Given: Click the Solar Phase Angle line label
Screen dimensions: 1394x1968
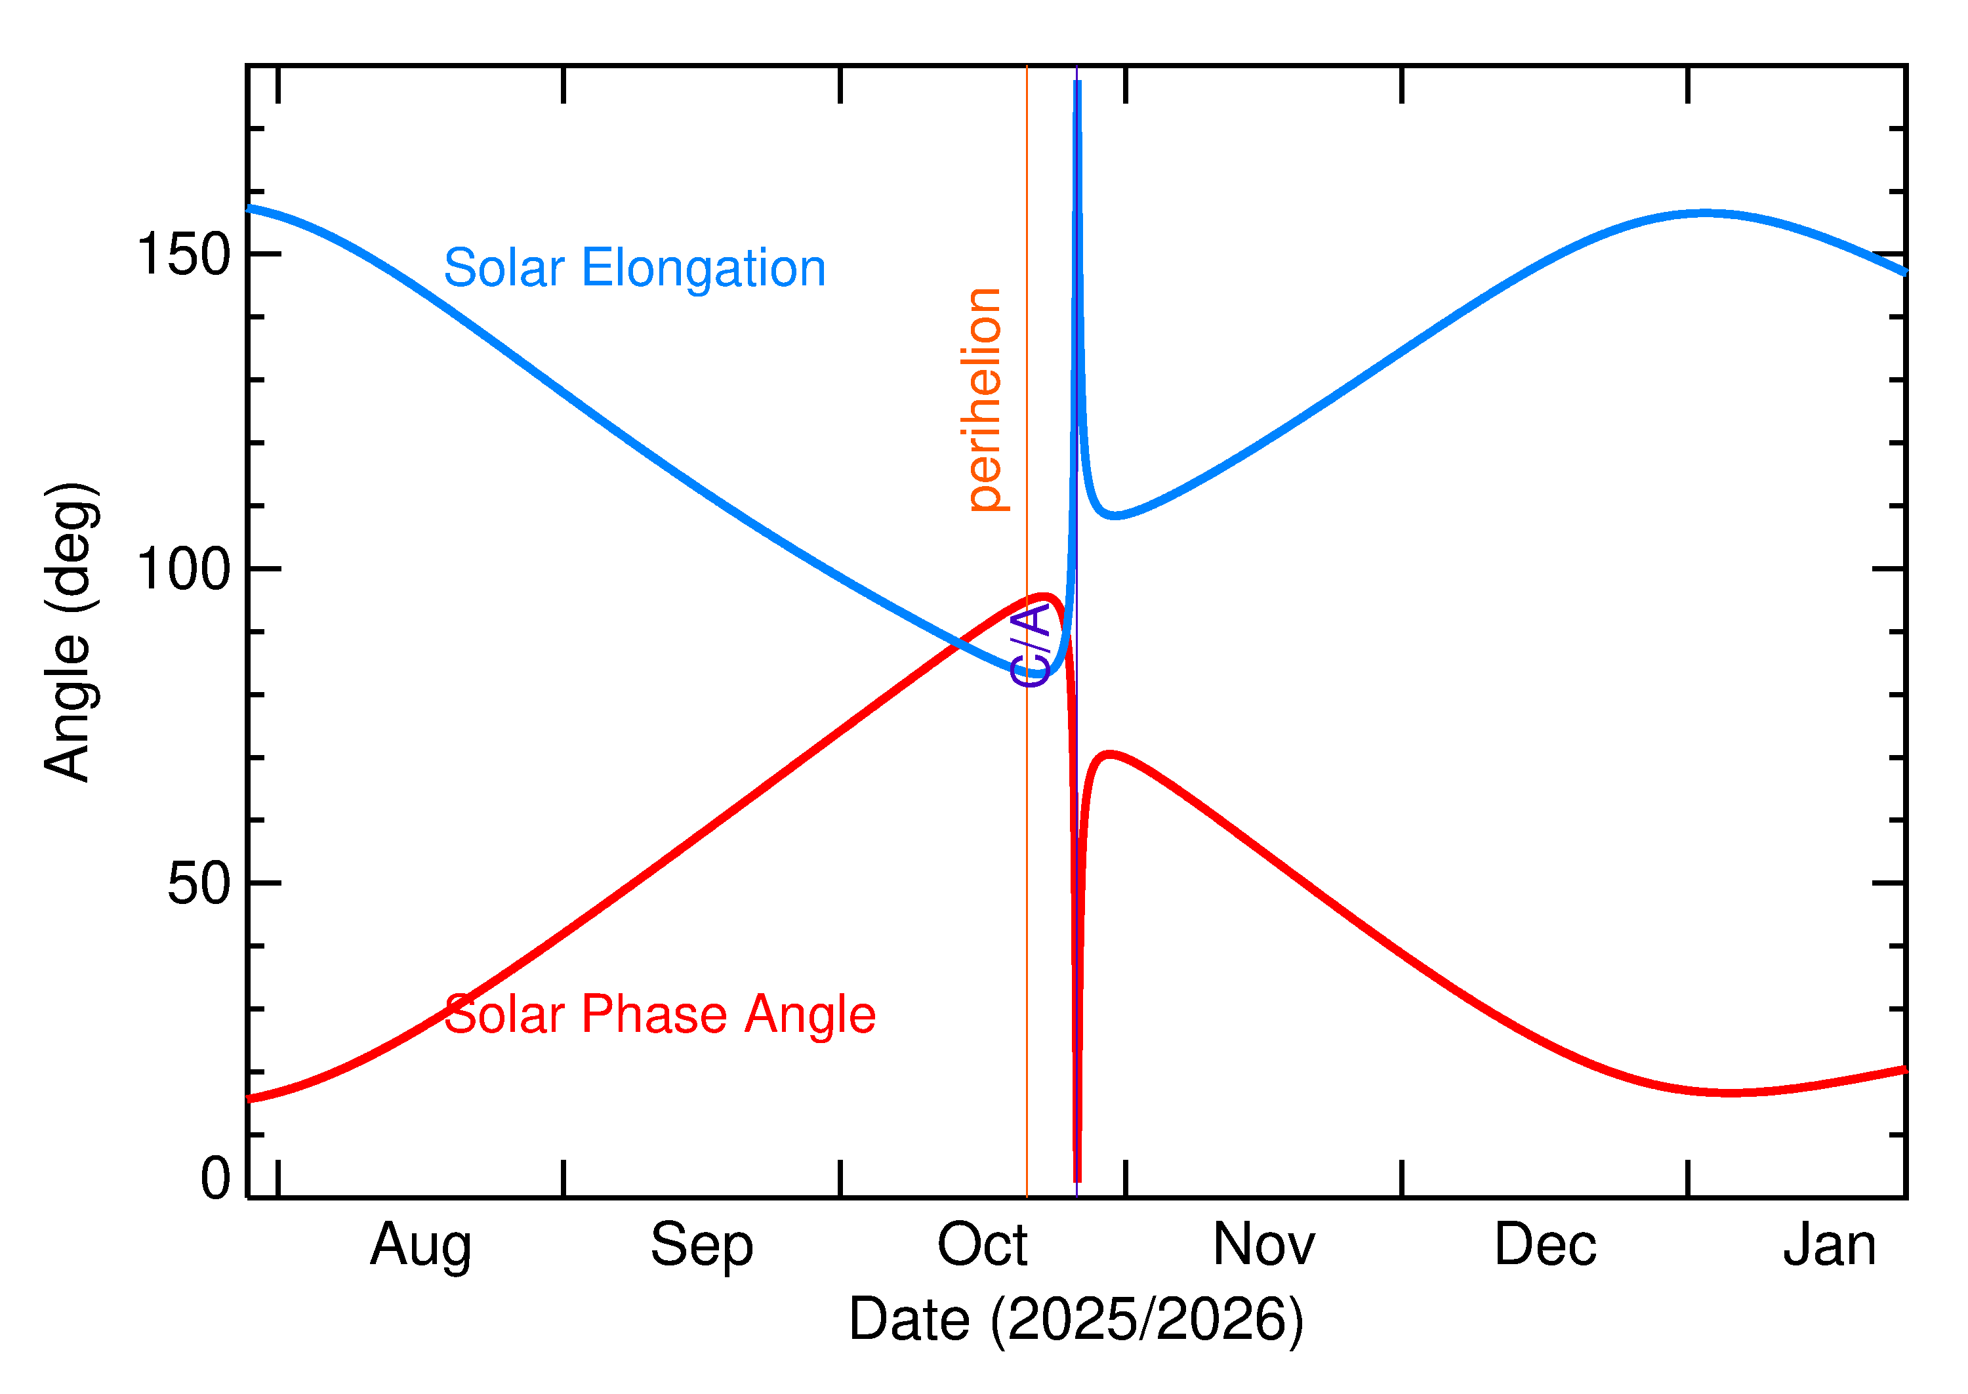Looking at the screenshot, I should (659, 1015).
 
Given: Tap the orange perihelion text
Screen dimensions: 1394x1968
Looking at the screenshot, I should (985, 401).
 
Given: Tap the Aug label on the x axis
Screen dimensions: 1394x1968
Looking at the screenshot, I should (420, 1246).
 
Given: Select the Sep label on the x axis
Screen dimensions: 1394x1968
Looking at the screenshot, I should (701, 1246).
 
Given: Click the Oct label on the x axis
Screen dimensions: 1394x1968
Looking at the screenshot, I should (982, 1246).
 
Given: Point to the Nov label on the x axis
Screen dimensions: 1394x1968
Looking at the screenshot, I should (1263, 1246).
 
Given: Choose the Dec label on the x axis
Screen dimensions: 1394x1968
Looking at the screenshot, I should (1545, 1246).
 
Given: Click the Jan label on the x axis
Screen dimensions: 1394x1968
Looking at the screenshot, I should (1829, 1246).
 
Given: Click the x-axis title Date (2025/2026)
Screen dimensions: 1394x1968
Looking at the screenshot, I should (1075, 1319).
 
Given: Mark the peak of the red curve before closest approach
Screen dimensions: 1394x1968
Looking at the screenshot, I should (1046, 596).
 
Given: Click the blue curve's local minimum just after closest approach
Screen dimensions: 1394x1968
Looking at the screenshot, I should (1114, 516).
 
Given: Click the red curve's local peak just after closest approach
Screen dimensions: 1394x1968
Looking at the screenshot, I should (1111, 754).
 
